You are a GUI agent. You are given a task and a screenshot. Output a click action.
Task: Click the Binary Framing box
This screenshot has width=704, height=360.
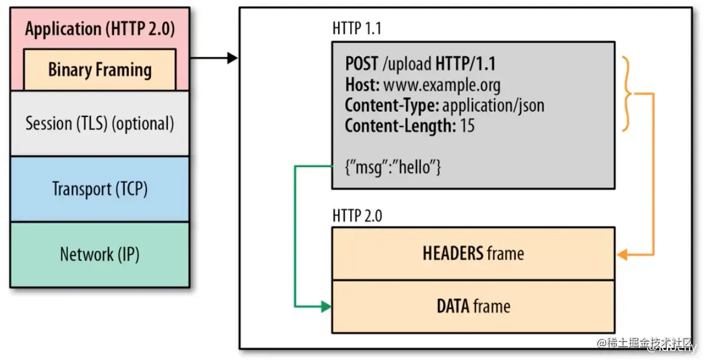pyautogui.click(x=100, y=70)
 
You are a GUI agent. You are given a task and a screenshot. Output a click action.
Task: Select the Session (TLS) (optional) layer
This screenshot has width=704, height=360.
pyautogui.click(x=100, y=123)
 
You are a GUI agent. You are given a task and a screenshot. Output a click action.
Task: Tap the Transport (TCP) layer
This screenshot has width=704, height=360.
pyautogui.click(x=100, y=189)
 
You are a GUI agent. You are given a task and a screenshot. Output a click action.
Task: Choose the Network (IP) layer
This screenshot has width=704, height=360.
pyautogui.click(x=100, y=254)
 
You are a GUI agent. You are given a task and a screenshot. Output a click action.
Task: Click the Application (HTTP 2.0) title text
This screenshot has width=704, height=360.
pyautogui.click(x=100, y=29)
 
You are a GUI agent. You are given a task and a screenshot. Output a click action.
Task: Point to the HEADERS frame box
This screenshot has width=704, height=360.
pyautogui.click(x=473, y=253)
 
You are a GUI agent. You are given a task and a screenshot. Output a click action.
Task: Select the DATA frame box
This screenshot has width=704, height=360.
pyautogui.click(x=473, y=307)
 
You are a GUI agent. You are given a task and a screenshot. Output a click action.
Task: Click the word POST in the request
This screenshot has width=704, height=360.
pyautogui.click(x=362, y=64)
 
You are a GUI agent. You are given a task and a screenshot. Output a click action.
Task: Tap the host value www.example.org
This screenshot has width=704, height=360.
pyautogui.click(x=442, y=85)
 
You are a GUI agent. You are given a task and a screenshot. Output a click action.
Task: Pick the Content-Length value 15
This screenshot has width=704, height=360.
pyautogui.click(x=467, y=125)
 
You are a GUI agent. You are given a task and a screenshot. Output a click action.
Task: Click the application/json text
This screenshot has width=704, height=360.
pyautogui.click(x=493, y=105)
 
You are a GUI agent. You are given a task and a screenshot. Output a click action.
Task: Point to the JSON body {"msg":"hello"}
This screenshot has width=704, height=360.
pyautogui.click(x=393, y=167)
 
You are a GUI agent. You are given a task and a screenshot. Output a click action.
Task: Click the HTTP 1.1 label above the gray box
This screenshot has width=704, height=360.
pyautogui.click(x=356, y=28)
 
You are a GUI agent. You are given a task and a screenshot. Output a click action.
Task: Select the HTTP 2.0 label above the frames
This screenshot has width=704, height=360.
pyautogui.click(x=357, y=216)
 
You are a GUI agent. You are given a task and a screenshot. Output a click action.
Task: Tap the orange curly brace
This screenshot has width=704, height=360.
pyautogui.click(x=627, y=94)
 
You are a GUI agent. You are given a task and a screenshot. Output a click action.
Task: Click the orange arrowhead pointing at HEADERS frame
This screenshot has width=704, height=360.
pyautogui.click(x=622, y=255)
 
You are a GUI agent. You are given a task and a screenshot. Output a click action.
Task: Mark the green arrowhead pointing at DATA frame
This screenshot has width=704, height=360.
pyautogui.click(x=326, y=307)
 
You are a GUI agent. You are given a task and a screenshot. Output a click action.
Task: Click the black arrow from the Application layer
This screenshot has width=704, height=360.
pyautogui.click(x=213, y=58)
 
